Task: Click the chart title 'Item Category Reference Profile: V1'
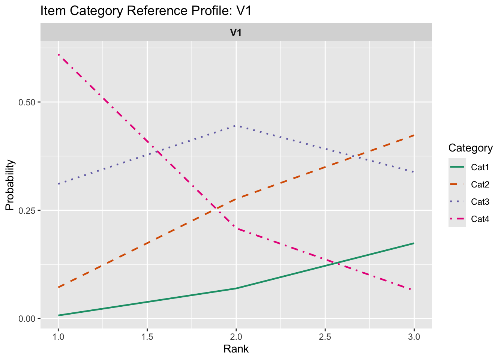tap(145, 11)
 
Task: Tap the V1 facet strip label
tap(236, 33)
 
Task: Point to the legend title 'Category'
tap(470, 148)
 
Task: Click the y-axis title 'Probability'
tap(10, 185)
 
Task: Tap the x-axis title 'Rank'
tap(236, 349)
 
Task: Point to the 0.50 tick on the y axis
tap(27, 102)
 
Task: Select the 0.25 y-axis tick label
tap(27, 210)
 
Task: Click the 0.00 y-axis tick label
tap(27, 319)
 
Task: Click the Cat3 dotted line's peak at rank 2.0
tap(236, 126)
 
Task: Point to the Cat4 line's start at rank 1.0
tap(58, 55)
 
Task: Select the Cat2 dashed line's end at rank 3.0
tap(414, 135)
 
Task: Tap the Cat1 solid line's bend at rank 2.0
tap(236, 288)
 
